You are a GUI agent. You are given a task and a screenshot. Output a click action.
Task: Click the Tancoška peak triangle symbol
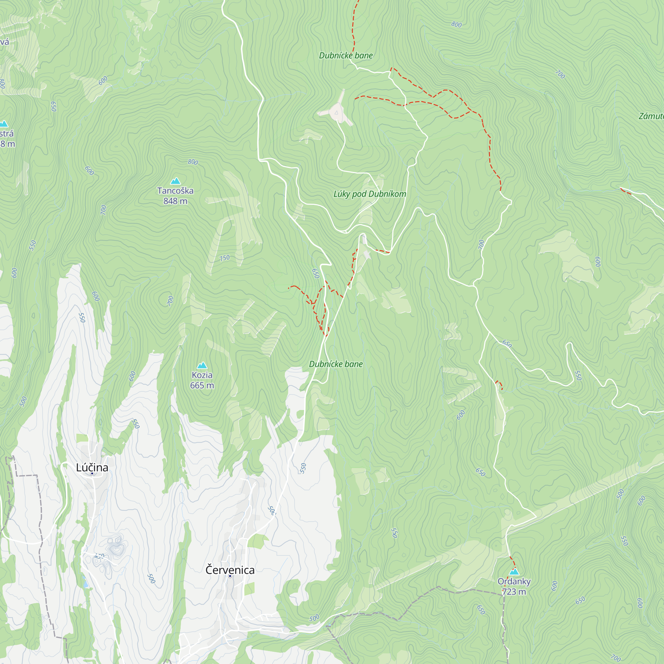[x=175, y=181]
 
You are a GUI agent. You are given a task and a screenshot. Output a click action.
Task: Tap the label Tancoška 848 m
[x=175, y=196]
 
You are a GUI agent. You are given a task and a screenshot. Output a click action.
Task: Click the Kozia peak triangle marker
[x=202, y=365]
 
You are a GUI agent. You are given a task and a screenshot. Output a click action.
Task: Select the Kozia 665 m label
[x=202, y=380]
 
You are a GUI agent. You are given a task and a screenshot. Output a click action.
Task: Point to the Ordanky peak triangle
[x=514, y=572]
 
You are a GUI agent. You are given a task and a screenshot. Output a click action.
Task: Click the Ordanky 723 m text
[x=514, y=586]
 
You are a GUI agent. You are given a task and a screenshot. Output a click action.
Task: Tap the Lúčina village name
[x=92, y=467]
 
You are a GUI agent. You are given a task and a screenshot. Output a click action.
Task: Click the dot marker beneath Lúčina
[x=92, y=474]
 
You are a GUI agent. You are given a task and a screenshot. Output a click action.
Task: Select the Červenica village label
[x=230, y=570]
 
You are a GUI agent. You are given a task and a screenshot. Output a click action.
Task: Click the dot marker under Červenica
[x=230, y=576]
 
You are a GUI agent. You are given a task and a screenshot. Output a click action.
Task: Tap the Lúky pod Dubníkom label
[x=370, y=194]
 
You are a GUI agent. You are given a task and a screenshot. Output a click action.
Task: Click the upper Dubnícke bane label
[x=346, y=55]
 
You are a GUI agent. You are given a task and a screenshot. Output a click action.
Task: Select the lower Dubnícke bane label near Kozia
[x=336, y=364]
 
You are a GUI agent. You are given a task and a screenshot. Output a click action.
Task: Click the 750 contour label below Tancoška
[x=224, y=258]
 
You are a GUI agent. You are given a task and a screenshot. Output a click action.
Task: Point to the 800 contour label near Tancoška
[x=193, y=162]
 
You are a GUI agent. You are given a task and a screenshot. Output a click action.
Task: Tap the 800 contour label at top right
[x=456, y=24]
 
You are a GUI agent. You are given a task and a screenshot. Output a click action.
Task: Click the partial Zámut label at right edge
[x=651, y=116]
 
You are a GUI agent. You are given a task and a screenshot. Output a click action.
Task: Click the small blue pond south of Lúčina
[x=85, y=584]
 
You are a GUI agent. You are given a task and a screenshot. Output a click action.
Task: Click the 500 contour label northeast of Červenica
[x=272, y=510]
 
